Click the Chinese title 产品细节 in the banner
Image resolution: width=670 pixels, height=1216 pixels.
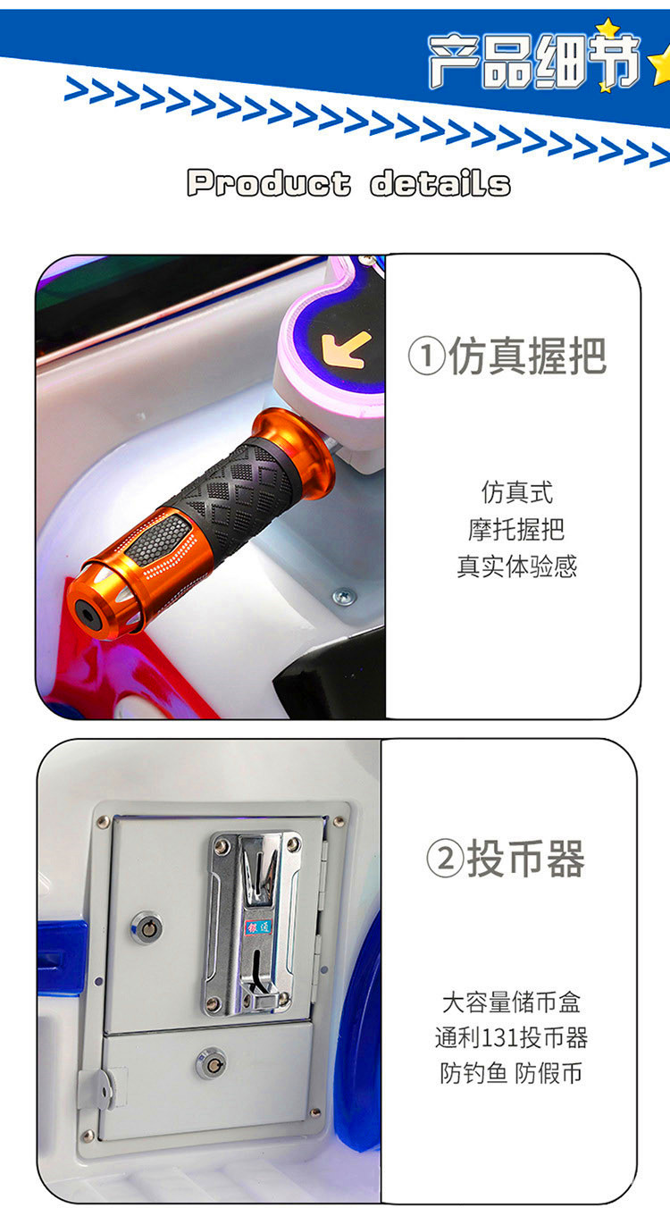click(x=534, y=61)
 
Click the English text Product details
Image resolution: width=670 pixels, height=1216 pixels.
click(x=348, y=182)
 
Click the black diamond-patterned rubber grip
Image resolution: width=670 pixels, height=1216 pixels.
click(x=239, y=494)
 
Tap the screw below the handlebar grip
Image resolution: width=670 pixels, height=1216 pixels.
click(x=344, y=597)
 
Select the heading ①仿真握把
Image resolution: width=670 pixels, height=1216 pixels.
click(x=507, y=356)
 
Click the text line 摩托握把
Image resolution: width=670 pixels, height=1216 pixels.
click(x=516, y=529)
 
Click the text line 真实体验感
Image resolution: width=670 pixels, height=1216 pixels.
click(x=516, y=566)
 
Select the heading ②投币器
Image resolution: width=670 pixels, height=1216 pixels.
click(x=506, y=859)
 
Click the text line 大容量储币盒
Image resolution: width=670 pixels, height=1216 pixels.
click(x=511, y=1002)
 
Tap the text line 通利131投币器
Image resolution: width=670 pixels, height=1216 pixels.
click(x=511, y=1038)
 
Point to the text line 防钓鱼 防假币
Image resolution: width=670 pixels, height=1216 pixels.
click(x=511, y=1073)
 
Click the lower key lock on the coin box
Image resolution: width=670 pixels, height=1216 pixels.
click(x=211, y=1063)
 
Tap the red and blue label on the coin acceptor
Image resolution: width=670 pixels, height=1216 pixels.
click(x=257, y=927)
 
